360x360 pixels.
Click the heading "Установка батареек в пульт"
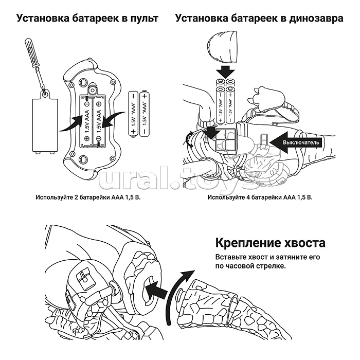[x=87, y=19]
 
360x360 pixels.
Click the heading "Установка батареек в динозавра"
[x=259, y=19]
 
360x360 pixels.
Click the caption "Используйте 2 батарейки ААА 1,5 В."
[x=88, y=197]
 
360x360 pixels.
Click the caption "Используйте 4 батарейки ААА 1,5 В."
[x=260, y=197]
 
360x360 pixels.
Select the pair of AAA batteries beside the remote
[x=138, y=113]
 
